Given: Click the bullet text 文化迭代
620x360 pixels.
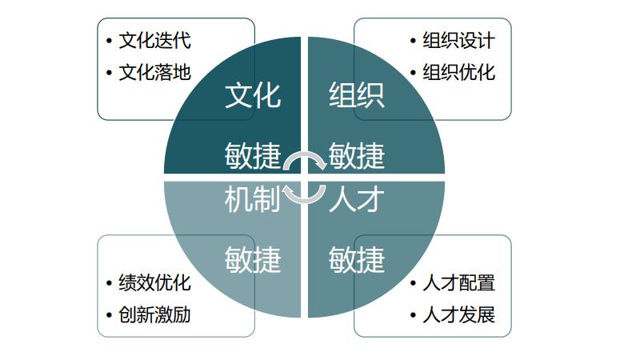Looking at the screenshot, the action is tap(154, 40).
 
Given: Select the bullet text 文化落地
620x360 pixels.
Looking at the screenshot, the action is tap(154, 72).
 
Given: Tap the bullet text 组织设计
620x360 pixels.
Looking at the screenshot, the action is tap(458, 40).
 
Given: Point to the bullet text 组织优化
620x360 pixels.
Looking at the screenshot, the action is tap(458, 72).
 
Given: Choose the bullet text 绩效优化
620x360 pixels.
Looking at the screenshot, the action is tap(154, 283).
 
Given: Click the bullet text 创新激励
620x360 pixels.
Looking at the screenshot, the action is tap(154, 315).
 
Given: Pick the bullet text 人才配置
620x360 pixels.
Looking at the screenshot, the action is tap(458, 283).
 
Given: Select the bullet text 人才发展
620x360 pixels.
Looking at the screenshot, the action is tap(458, 315).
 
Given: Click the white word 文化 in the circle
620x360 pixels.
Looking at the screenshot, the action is tap(253, 95).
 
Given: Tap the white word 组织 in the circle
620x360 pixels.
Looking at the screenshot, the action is tap(357, 95).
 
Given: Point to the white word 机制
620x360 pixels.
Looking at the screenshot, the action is tap(253, 199).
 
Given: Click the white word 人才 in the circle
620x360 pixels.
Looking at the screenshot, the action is tap(357, 199).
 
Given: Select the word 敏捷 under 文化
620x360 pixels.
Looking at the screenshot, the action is tap(253, 155).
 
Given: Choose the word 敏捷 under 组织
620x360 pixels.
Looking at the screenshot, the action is tap(357, 155).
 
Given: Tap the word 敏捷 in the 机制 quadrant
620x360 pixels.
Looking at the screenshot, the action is tap(253, 259).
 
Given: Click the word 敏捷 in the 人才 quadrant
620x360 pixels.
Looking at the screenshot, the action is tap(357, 259).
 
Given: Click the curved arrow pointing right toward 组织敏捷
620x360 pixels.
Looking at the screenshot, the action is tap(305, 154).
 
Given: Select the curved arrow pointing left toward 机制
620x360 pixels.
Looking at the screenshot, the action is tap(305, 201).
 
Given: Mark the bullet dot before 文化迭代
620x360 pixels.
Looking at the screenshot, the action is tap(109, 41).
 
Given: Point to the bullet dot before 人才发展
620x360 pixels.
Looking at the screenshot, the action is tap(414, 315).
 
